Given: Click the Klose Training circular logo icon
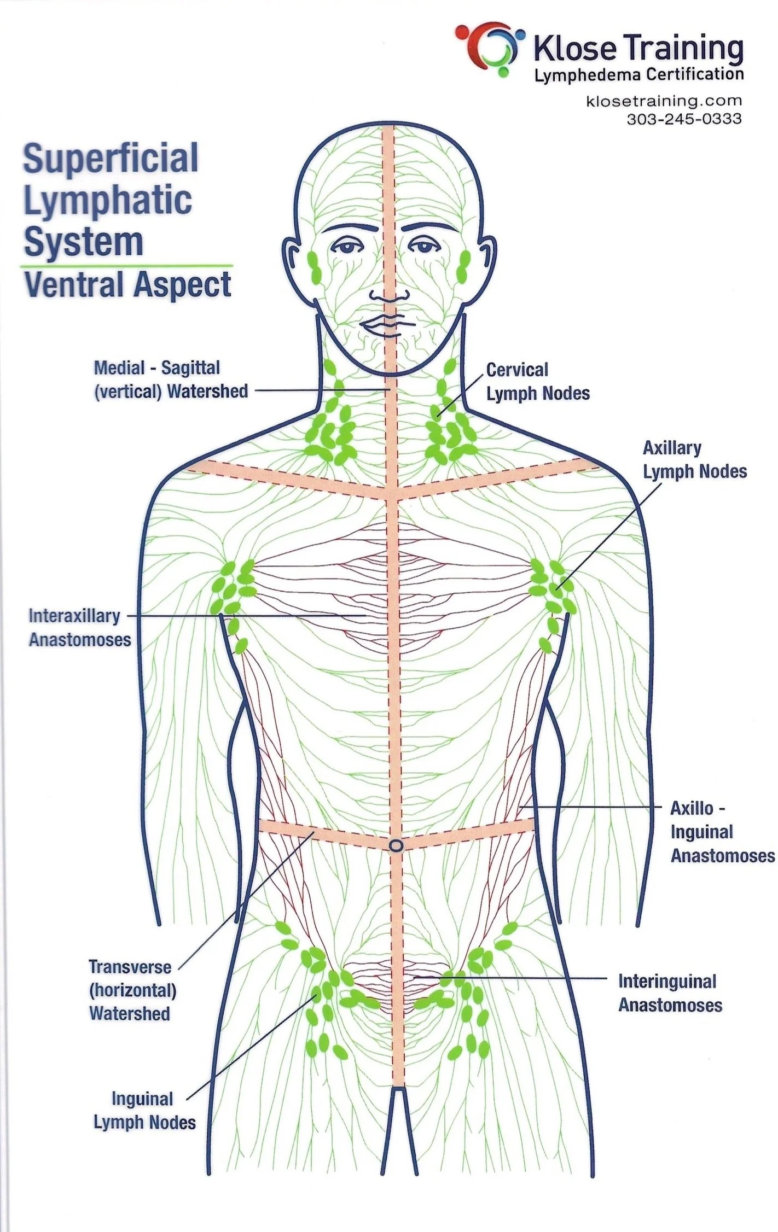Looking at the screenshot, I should click(x=489, y=48).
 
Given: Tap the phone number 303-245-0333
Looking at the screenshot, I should click(x=684, y=119).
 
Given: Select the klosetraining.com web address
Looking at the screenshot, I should click(x=664, y=101).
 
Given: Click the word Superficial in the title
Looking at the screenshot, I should click(x=110, y=158).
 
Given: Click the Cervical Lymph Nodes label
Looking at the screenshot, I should click(x=538, y=381).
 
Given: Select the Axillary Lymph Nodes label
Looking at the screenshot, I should click(x=694, y=459).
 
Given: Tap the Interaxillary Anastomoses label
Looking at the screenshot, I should click(x=79, y=627).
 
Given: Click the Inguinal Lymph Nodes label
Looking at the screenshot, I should click(x=144, y=1110).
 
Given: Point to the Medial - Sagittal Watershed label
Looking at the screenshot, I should click(x=171, y=379).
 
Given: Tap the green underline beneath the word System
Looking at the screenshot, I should click(x=126, y=266).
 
